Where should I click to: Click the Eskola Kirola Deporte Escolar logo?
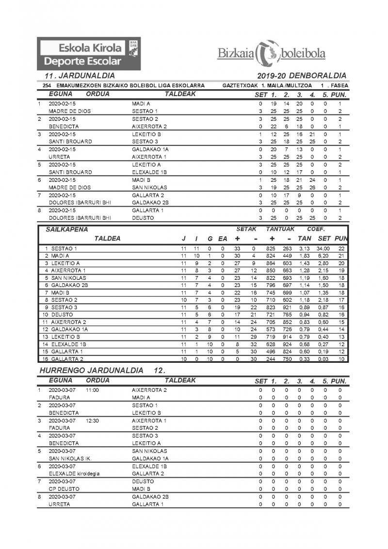pos(90,54)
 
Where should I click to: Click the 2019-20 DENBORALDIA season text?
pos(303,76)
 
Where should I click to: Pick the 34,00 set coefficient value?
pos(323,248)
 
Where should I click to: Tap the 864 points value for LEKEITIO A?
pos(271,263)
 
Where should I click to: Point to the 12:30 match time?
pos(92,420)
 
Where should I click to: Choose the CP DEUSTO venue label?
pos(64,489)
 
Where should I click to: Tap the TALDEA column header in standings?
pos(107,238)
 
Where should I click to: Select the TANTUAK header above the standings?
pos(279,229)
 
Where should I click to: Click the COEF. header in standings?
pos(316,229)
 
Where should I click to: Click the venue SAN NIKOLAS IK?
pos(70,458)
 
